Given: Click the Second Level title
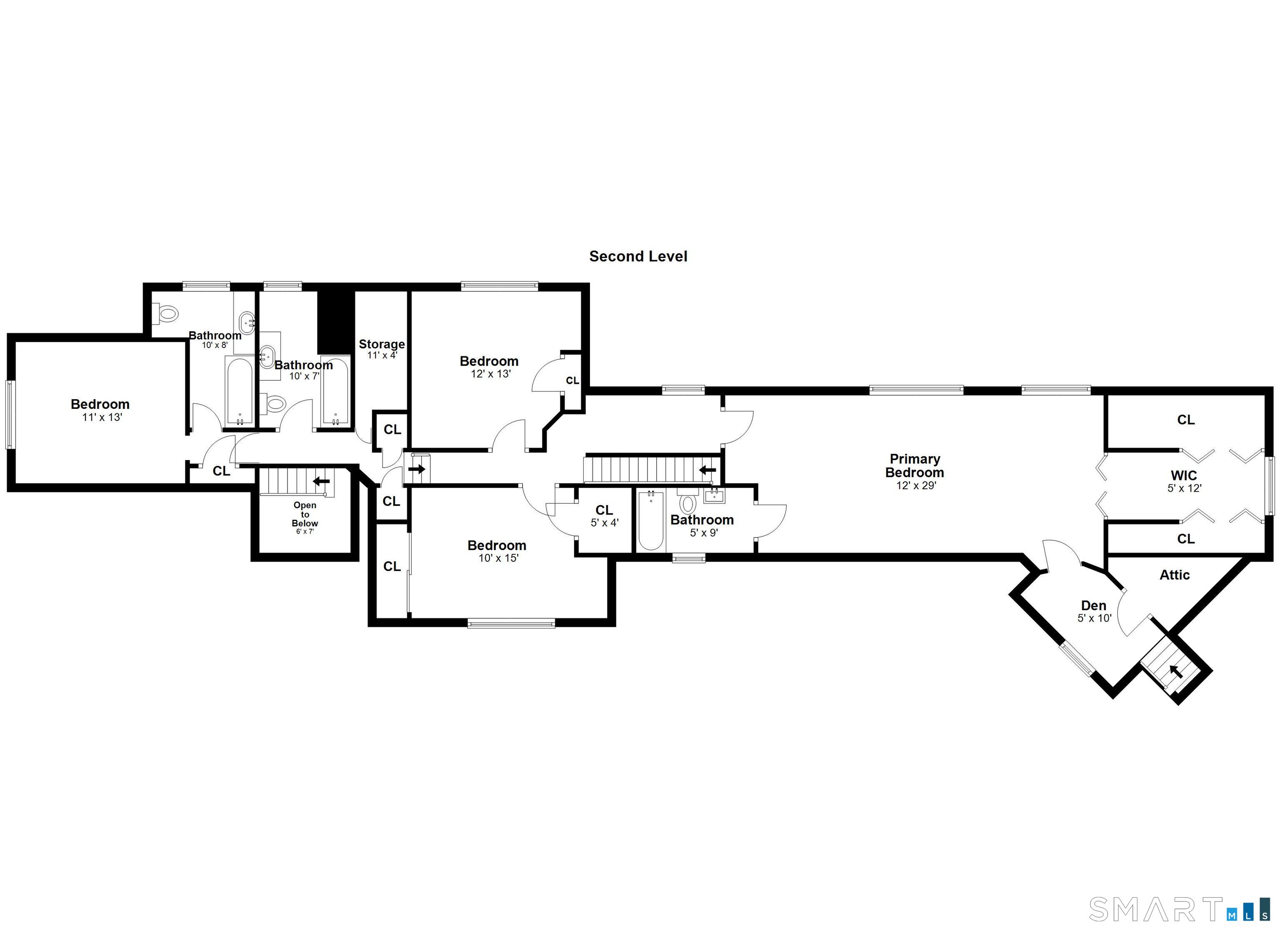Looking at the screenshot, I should (x=638, y=256).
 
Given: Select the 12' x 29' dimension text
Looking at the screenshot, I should (x=915, y=486).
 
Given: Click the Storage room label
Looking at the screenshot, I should (x=382, y=344).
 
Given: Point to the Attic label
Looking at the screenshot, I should (x=1175, y=575).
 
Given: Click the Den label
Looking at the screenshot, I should (x=1094, y=605).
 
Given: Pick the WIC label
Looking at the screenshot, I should (x=1183, y=476).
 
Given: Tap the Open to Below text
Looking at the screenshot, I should (x=305, y=514).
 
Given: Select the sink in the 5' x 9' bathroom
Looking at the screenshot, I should (x=714, y=496).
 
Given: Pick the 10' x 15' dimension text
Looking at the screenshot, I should (x=498, y=558).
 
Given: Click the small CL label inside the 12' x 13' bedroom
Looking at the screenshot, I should (x=572, y=380).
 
